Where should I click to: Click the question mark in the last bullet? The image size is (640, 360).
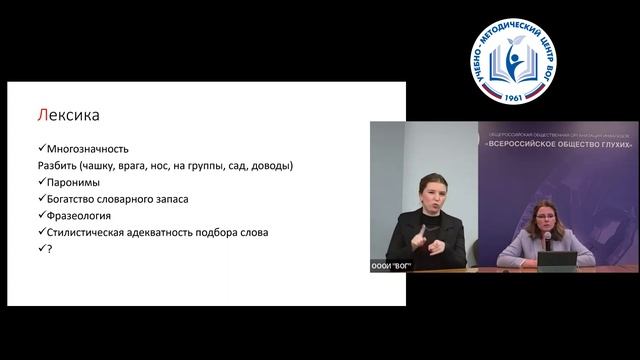(x=46, y=249)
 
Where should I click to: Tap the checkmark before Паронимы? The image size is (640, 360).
(x=38, y=183)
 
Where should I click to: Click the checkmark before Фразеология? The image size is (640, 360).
(x=38, y=215)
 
